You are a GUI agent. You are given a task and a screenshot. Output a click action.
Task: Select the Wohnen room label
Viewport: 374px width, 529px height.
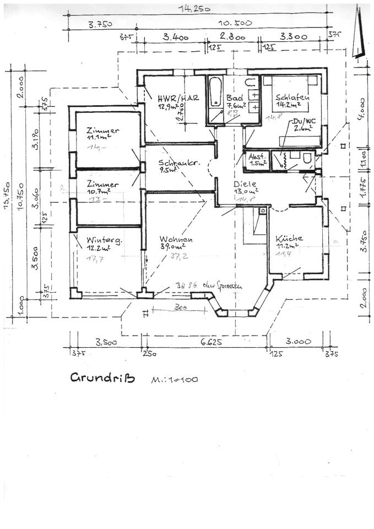coord(176,240)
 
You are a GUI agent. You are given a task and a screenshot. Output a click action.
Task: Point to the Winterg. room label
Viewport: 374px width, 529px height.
coord(99,240)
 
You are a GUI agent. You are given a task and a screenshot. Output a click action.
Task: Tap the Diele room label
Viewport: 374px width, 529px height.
coord(245,184)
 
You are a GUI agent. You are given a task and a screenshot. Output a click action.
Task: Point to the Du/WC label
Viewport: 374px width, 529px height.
coord(300,121)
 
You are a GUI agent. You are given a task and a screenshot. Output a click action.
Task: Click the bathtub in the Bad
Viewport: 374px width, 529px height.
coord(214,99)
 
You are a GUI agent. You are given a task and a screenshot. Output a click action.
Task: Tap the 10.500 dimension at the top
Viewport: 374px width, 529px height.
coord(235,23)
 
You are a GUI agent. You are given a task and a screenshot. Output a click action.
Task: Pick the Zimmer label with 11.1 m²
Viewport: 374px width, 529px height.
coord(102,131)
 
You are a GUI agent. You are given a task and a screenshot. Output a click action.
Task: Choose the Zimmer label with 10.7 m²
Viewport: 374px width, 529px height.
coord(102,185)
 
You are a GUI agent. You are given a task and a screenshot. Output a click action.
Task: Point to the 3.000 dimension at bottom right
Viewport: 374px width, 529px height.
coord(297,342)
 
